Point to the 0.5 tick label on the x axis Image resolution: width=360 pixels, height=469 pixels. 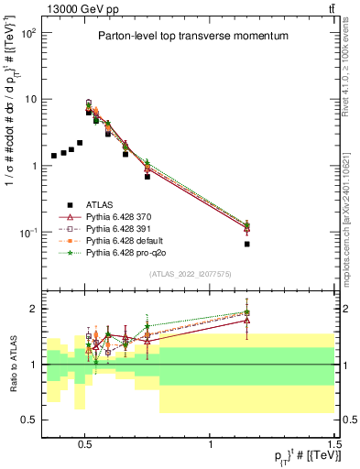(85, 443)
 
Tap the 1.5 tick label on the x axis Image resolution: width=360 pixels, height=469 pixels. (336, 443)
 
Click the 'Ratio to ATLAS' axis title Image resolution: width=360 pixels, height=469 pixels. (12, 364)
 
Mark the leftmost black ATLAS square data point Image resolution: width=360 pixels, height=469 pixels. (54, 156)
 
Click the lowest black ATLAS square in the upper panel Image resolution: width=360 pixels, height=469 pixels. (247, 245)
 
